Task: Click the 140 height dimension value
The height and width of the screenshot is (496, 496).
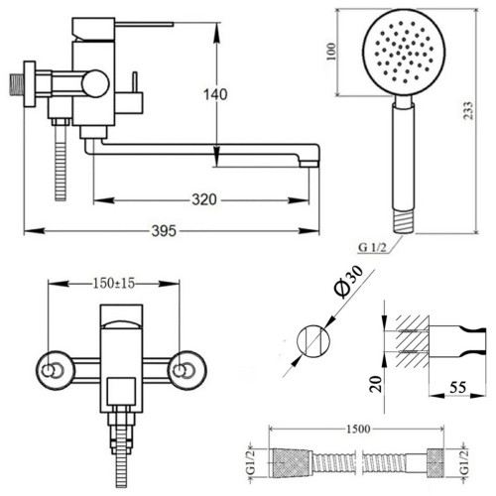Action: click(x=215, y=94)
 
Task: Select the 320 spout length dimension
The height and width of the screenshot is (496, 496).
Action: click(x=204, y=199)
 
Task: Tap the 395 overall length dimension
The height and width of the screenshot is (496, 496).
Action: click(x=164, y=230)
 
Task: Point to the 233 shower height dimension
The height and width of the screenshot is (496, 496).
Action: click(x=469, y=110)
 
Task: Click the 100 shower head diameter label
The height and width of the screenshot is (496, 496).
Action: click(x=331, y=52)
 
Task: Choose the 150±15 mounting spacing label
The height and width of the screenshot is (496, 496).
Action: click(x=114, y=283)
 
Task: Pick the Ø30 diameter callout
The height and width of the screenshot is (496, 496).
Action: click(x=348, y=282)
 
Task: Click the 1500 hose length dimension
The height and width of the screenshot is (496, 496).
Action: click(x=358, y=429)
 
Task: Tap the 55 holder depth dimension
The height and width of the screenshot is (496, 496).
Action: click(x=458, y=387)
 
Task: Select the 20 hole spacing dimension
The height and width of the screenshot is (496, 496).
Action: click(x=376, y=384)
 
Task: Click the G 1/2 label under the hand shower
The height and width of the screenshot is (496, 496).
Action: click(x=372, y=247)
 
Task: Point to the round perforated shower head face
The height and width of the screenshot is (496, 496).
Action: click(x=404, y=53)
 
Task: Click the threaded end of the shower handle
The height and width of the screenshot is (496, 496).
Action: click(x=404, y=222)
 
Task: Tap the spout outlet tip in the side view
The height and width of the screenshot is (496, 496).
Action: click(x=310, y=164)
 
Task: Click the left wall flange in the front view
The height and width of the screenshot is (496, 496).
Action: click(x=54, y=370)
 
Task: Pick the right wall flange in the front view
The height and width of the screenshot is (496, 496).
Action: click(x=187, y=370)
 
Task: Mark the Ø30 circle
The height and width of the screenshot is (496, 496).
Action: click(x=313, y=341)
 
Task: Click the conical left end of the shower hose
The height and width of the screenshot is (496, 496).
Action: click(x=292, y=463)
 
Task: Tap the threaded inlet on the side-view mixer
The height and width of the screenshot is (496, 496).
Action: click(x=16, y=84)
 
